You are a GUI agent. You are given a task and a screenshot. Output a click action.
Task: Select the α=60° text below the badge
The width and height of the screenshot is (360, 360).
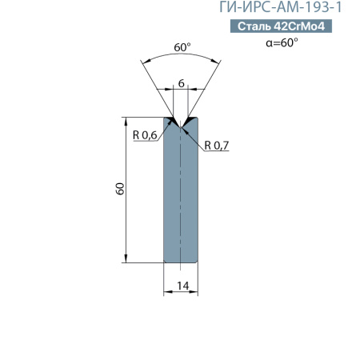point(282,42)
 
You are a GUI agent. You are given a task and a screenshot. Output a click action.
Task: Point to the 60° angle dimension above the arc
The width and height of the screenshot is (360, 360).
point(182,48)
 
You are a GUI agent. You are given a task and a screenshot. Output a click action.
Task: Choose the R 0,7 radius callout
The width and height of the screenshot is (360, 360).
point(217,146)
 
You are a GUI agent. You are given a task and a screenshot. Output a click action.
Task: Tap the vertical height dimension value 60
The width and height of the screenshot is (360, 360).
point(119,190)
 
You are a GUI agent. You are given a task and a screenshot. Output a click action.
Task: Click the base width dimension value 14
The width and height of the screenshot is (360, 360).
point(182,286)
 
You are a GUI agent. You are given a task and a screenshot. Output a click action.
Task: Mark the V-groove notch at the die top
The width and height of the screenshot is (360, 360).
point(181,124)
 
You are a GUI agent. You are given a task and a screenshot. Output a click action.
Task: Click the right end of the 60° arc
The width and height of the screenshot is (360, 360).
point(221,60)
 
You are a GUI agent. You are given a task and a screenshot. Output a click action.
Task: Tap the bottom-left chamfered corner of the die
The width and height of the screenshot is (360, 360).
point(166,260)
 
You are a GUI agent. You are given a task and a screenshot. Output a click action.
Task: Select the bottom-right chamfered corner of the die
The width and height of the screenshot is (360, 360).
point(197,260)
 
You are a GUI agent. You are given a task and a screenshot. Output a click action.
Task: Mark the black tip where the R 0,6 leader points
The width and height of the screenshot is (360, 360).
point(170,122)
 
